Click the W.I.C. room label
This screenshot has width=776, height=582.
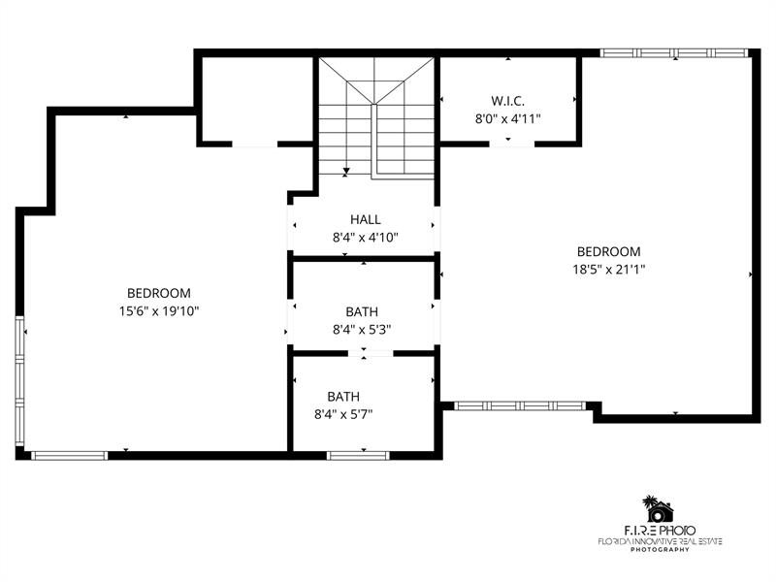click(x=507, y=101)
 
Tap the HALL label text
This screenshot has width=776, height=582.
click(x=366, y=219)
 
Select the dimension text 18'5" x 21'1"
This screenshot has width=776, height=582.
click(x=609, y=270)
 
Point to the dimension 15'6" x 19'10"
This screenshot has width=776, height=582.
click(x=159, y=310)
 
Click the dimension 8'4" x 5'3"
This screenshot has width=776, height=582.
click(x=362, y=329)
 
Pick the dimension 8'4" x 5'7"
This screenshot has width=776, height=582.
click(x=343, y=414)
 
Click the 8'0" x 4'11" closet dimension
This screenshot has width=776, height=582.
click(x=507, y=118)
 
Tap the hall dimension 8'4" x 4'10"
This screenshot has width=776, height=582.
click(x=366, y=238)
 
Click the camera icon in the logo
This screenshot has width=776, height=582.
click(x=658, y=512)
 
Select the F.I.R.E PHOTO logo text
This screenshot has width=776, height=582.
click(x=660, y=531)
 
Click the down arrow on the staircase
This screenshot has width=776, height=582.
click(x=346, y=172)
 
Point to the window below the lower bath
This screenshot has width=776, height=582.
click(x=358, y=455)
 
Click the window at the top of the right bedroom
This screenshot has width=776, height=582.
click(x=673, y=53)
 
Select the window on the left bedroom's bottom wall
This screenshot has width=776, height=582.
click(x=69, y=455)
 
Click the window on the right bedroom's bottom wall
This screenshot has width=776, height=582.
click(x=520, y=405)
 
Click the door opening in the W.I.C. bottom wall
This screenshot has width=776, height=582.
click(x=512, y=144)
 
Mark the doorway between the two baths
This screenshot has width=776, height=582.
click(x=371, y=353)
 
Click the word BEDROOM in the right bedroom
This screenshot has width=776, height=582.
click(x=609, y=251)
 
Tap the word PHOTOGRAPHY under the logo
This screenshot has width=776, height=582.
click(x=660, y=549)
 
